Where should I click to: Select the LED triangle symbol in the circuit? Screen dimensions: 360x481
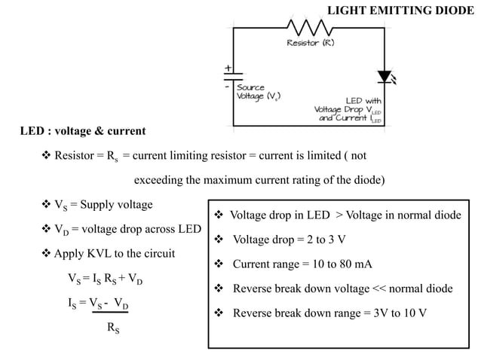point(385,76)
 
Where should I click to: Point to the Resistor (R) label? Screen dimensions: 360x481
point(310,43)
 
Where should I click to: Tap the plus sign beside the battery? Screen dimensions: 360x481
point(228,67)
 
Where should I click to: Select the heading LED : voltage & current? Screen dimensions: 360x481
point(83,131)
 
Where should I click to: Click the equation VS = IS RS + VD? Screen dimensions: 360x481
point(105,278)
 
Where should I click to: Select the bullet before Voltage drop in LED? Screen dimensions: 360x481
point(219,215)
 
